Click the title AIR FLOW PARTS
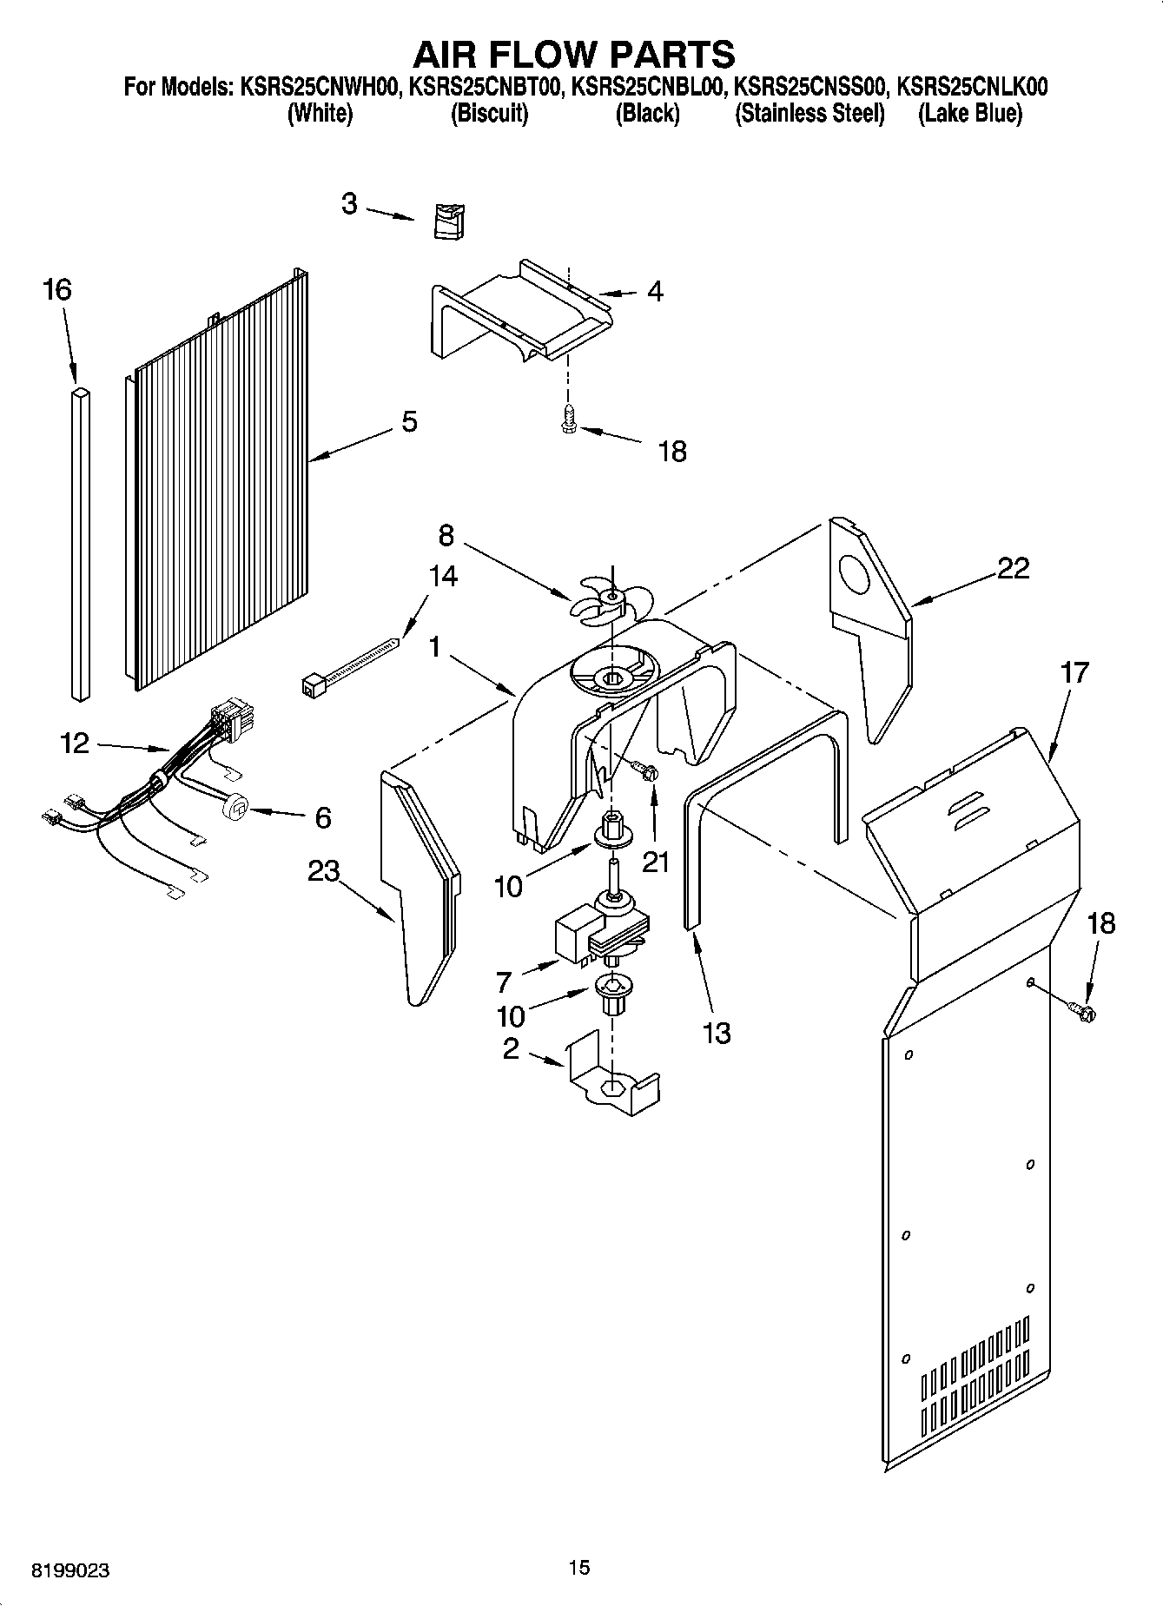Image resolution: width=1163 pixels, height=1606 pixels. pyautogui.click(x=573, y=54)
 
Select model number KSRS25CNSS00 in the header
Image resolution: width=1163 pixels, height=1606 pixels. pyautogui.click(x=809, y=87)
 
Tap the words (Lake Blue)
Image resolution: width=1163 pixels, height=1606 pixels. pyautogui.click(x=969, y=114)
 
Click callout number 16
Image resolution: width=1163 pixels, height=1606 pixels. pyautogui.click(x=57, y=290)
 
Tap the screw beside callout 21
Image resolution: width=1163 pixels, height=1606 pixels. pyautogui.click(x=645, y=770)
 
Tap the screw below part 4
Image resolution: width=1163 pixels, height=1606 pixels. pyautogui.click(x=568, y=420)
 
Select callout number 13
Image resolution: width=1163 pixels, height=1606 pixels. pyautogui.click(x=717, y=1033)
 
